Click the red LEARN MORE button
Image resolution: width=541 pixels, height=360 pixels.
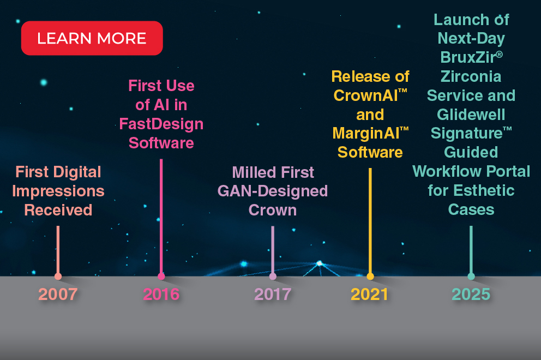92,38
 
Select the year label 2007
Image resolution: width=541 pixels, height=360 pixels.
58,295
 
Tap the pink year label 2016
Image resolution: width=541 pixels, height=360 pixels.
161,295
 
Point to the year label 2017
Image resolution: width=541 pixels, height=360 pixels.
273,295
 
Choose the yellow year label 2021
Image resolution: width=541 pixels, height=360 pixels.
370,295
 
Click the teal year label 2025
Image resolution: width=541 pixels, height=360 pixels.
471,295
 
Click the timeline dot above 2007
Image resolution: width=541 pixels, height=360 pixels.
58,277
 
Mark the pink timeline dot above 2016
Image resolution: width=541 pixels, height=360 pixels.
161,277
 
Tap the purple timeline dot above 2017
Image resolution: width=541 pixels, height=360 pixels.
273,277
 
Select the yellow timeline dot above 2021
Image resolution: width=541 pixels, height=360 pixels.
370,277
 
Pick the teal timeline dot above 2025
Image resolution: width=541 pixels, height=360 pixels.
471,277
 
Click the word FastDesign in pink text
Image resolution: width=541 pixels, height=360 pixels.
161,124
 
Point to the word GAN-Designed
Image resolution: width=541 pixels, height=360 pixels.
273,191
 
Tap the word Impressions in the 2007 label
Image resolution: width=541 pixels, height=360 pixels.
58,191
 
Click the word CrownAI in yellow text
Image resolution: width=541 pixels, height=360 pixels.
366,95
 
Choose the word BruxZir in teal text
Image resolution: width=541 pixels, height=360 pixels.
467,57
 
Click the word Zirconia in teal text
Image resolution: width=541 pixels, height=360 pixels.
471,76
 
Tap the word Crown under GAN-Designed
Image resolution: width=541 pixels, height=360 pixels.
273,210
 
